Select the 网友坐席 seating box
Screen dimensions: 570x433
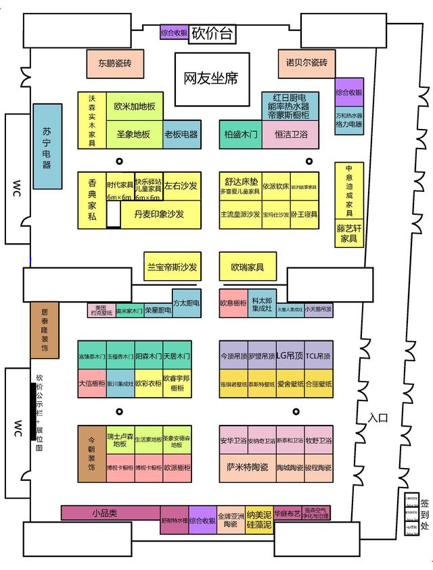tap(211, 79)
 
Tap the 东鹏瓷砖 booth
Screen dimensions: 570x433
tap(114, 64)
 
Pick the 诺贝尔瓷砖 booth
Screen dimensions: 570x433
tap(306, 63)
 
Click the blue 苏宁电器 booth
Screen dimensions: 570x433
tap(52, 146)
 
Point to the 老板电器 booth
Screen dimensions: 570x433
tap(181, 134)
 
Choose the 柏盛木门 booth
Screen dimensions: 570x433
tap(240, 134)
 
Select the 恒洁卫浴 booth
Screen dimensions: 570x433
tap(290, 134)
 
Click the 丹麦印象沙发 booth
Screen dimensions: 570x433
tap(159, 213)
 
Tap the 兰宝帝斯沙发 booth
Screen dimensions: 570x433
tap(173, 267)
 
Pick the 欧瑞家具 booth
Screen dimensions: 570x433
tap(247, 267)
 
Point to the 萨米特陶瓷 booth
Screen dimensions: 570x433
tap(247, 467)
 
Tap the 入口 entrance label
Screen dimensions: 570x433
tap(378, 418)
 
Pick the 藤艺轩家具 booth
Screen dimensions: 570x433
tap(348, 234)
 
